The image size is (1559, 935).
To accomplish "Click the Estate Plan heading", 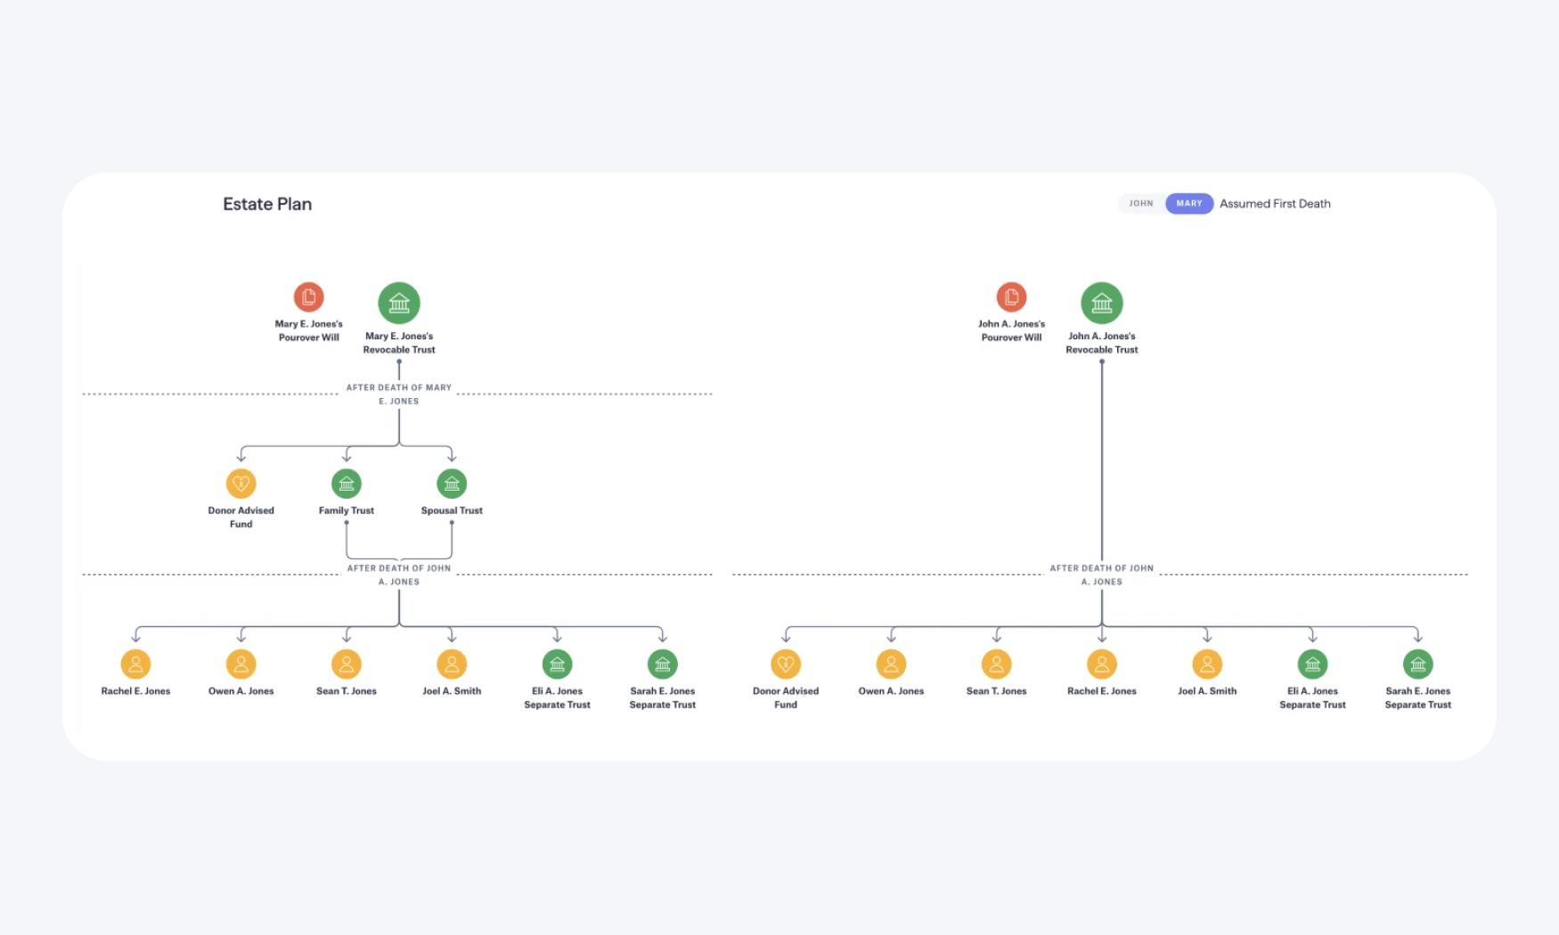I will (x=267, y=204).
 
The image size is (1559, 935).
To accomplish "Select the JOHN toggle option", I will (x=1140, y=204).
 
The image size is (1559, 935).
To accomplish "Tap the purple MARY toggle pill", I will (x=1189, y=204).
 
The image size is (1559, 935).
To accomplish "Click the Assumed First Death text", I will (x=1275, y=204).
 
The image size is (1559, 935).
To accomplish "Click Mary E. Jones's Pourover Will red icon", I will (x=308, y=297).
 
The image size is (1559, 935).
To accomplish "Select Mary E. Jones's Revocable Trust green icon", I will (x=399, y=303).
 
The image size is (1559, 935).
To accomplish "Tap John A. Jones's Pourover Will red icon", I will (x=1011, y=297).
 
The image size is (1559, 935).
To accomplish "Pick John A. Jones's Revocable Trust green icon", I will (x=1102, y=303).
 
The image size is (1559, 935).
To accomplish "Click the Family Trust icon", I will (x=347, y=484).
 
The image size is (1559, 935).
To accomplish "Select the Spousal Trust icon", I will (x=452, y=484).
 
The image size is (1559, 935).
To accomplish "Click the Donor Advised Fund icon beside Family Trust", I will (x=241, y=484).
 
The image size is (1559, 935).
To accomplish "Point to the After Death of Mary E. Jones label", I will (x=399, y=394).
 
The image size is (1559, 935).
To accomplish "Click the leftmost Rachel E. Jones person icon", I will (x=135, y=664).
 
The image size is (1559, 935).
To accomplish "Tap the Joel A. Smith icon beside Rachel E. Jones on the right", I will (x=1207, y=664).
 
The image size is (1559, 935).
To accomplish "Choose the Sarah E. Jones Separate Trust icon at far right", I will (x=1417, y=664).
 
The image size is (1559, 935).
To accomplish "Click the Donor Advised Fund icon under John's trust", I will (x=786, y=664).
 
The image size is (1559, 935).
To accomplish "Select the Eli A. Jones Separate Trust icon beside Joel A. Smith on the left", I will (x=557, y=664).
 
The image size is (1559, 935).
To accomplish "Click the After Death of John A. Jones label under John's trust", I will (x=1102, y=574).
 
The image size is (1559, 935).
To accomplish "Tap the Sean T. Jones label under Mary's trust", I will (x=347, y=691).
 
